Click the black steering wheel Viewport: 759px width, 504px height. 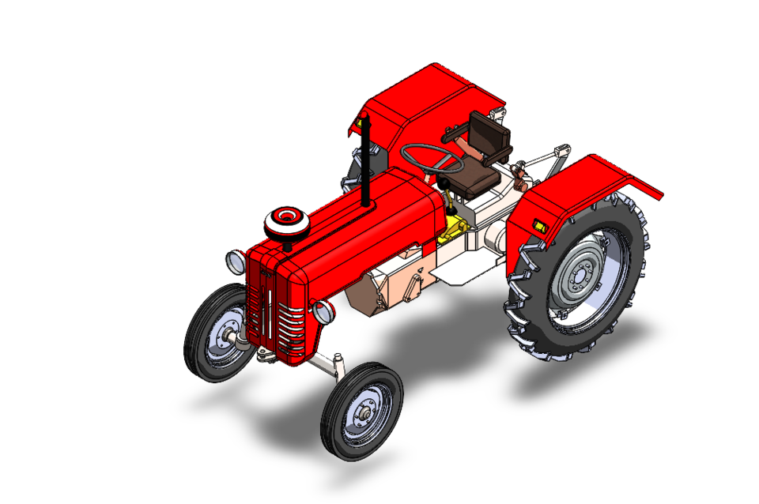click(x=432, y=158)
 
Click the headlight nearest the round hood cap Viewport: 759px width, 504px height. click(x=236, y=258)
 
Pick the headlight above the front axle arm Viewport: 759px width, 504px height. click(x=323, y=312)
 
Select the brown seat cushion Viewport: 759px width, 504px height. click(x=474, y=179)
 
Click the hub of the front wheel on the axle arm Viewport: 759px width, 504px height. click(x=364, y=412)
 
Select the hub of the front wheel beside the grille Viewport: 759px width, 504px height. click(x=226, y=337)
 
